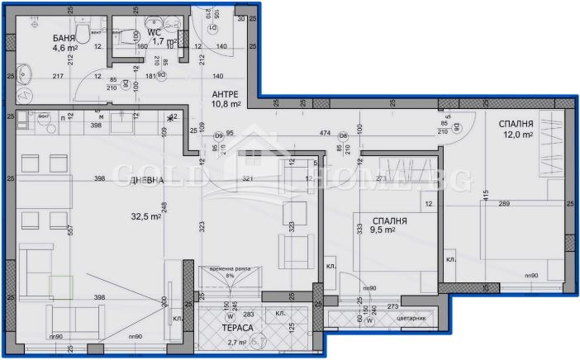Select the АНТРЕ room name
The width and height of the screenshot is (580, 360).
click(x=226, y=94)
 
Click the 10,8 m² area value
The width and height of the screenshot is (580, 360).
click(x=226, y=105)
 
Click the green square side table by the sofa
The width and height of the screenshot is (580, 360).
click(x=61, y=287)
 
